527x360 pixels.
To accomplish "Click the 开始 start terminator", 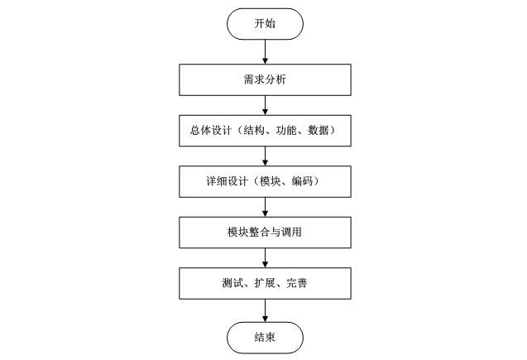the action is coord(264,25).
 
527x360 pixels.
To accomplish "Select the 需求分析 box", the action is coord(264,80).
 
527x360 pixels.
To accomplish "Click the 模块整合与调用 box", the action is coord(264,233).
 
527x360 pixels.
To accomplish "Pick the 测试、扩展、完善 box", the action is coord(264,284).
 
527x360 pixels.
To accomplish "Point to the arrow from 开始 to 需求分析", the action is coord(264,51).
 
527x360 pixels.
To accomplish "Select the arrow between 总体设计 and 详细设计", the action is coord(264,156).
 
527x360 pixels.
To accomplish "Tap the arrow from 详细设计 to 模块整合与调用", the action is coord(264,207).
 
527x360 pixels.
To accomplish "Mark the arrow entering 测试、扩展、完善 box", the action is coord(264,258).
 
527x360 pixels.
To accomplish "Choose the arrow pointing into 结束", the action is coord(264,310).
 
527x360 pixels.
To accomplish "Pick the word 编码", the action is coord(301,182).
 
